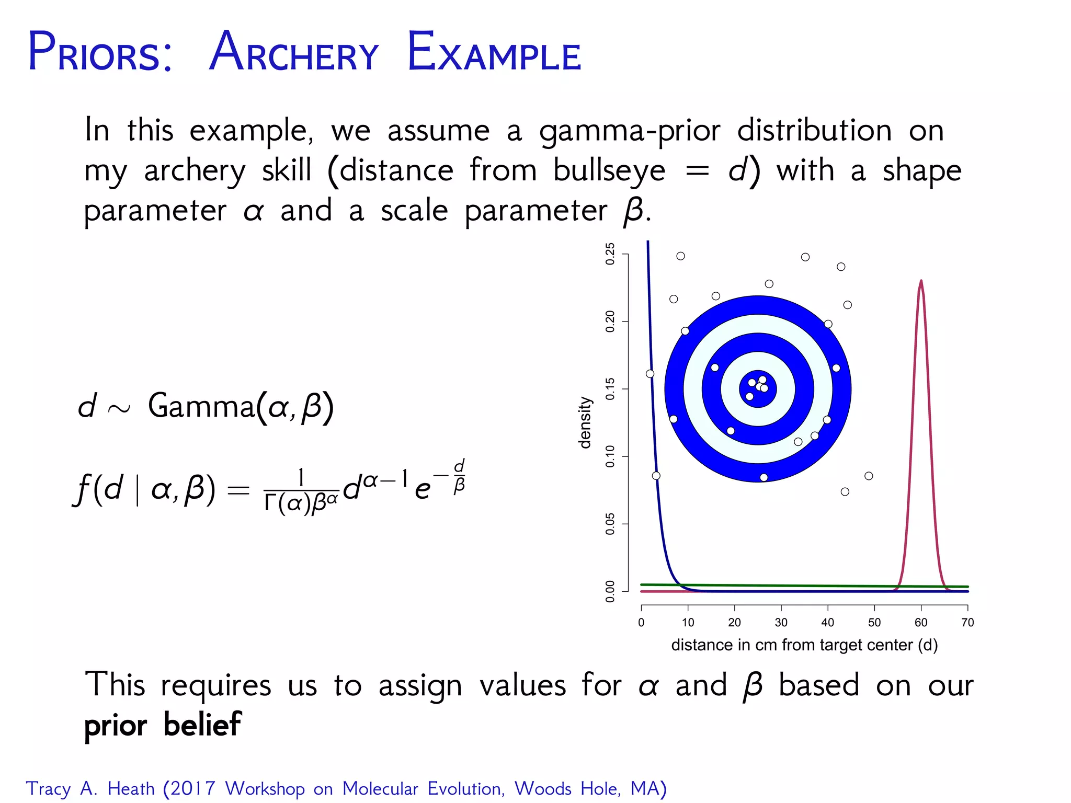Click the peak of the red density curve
(921, 281)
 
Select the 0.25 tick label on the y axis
(610, 254)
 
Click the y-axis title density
(585, 422)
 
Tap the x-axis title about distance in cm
(804, 645)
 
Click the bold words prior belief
(163, 725)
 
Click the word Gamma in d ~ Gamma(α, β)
(201, 406)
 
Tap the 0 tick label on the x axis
(641, 623)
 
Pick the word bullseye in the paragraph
(609, 171)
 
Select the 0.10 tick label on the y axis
(610, 456)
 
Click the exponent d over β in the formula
(459, 476)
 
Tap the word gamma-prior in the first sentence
(630, 131)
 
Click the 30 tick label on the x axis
(781, 623)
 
